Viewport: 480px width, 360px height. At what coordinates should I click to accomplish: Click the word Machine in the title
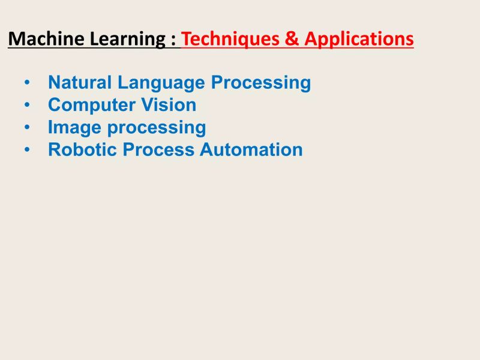47,39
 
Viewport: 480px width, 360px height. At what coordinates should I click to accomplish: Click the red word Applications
359,40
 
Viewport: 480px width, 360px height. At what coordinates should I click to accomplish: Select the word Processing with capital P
266,83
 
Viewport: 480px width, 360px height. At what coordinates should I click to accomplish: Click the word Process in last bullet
159,149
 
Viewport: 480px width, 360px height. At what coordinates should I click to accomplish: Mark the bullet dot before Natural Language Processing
27,83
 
